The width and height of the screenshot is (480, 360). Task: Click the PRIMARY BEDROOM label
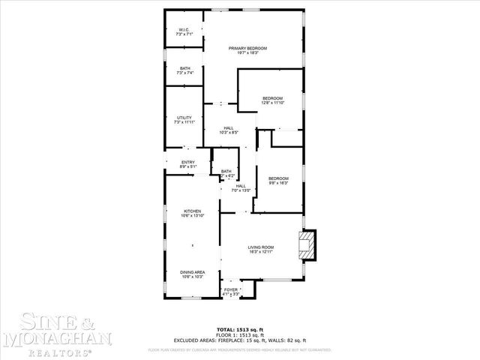[247, 48]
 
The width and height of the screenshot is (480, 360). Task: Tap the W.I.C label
[184, 29]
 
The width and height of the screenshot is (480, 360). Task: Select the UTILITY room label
[184, 117]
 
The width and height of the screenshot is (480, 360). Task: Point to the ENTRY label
[188, 162]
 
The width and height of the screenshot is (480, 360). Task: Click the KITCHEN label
[193, 211]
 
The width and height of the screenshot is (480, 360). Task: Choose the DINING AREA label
[193, 271]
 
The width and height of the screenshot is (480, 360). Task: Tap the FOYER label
[231, 289]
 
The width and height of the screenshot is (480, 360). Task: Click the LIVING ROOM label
[262, 247]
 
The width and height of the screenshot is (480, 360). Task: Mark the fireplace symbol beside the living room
[307, 245]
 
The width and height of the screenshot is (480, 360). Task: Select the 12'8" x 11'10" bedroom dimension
[272, 103]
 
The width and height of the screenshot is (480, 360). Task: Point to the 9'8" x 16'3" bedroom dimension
[279, 183]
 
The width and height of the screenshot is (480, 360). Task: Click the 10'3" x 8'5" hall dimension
[228, 133]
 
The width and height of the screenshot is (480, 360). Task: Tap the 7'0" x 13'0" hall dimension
[240, 191]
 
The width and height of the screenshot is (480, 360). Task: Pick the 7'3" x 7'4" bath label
[184, 73]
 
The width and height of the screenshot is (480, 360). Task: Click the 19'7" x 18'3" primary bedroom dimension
[247, 53]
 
